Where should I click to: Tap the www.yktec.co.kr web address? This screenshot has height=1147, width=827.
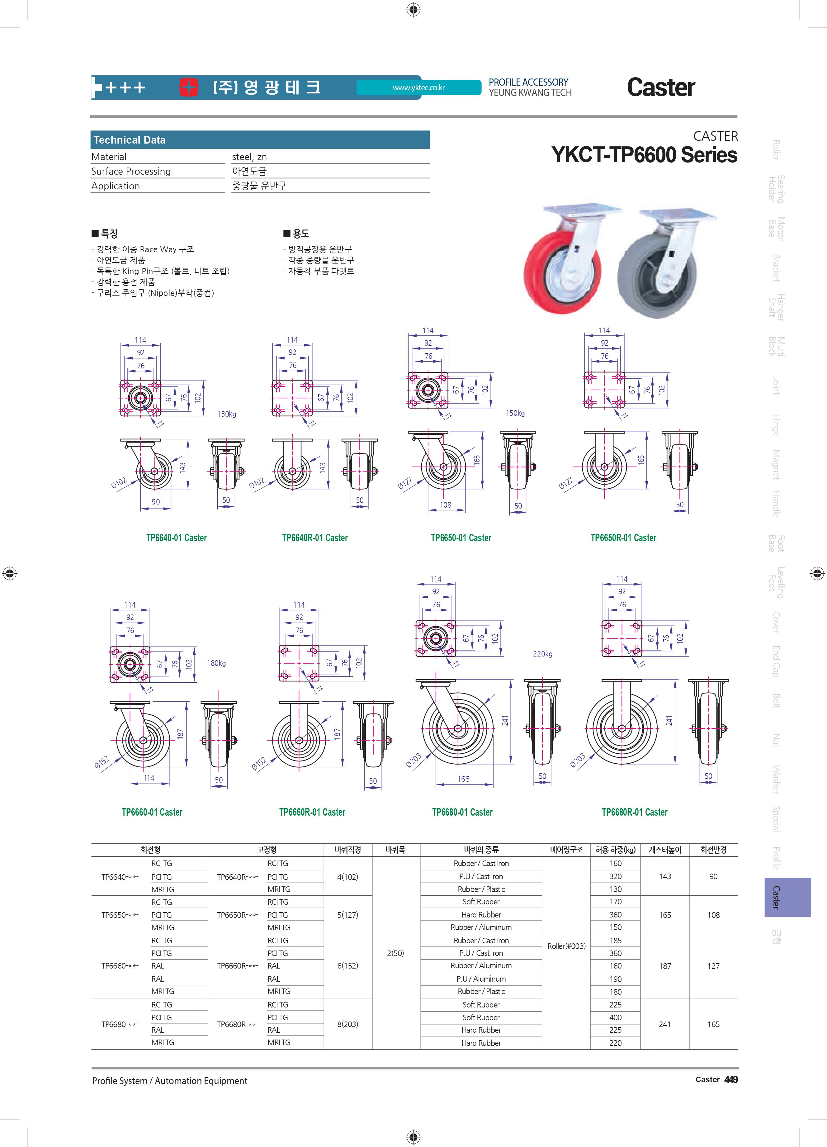418,88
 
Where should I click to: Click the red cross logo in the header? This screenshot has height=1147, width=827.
189,87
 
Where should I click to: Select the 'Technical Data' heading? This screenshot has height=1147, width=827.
130,140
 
